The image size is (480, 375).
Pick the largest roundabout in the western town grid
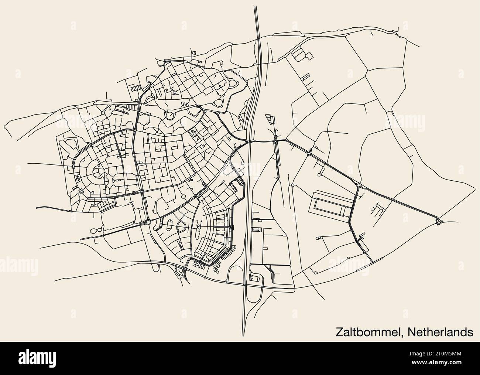point(148,222)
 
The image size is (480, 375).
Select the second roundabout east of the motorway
point(309,152)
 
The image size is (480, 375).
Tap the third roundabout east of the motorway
point(358,185)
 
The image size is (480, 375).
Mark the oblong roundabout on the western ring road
point(73,166)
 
